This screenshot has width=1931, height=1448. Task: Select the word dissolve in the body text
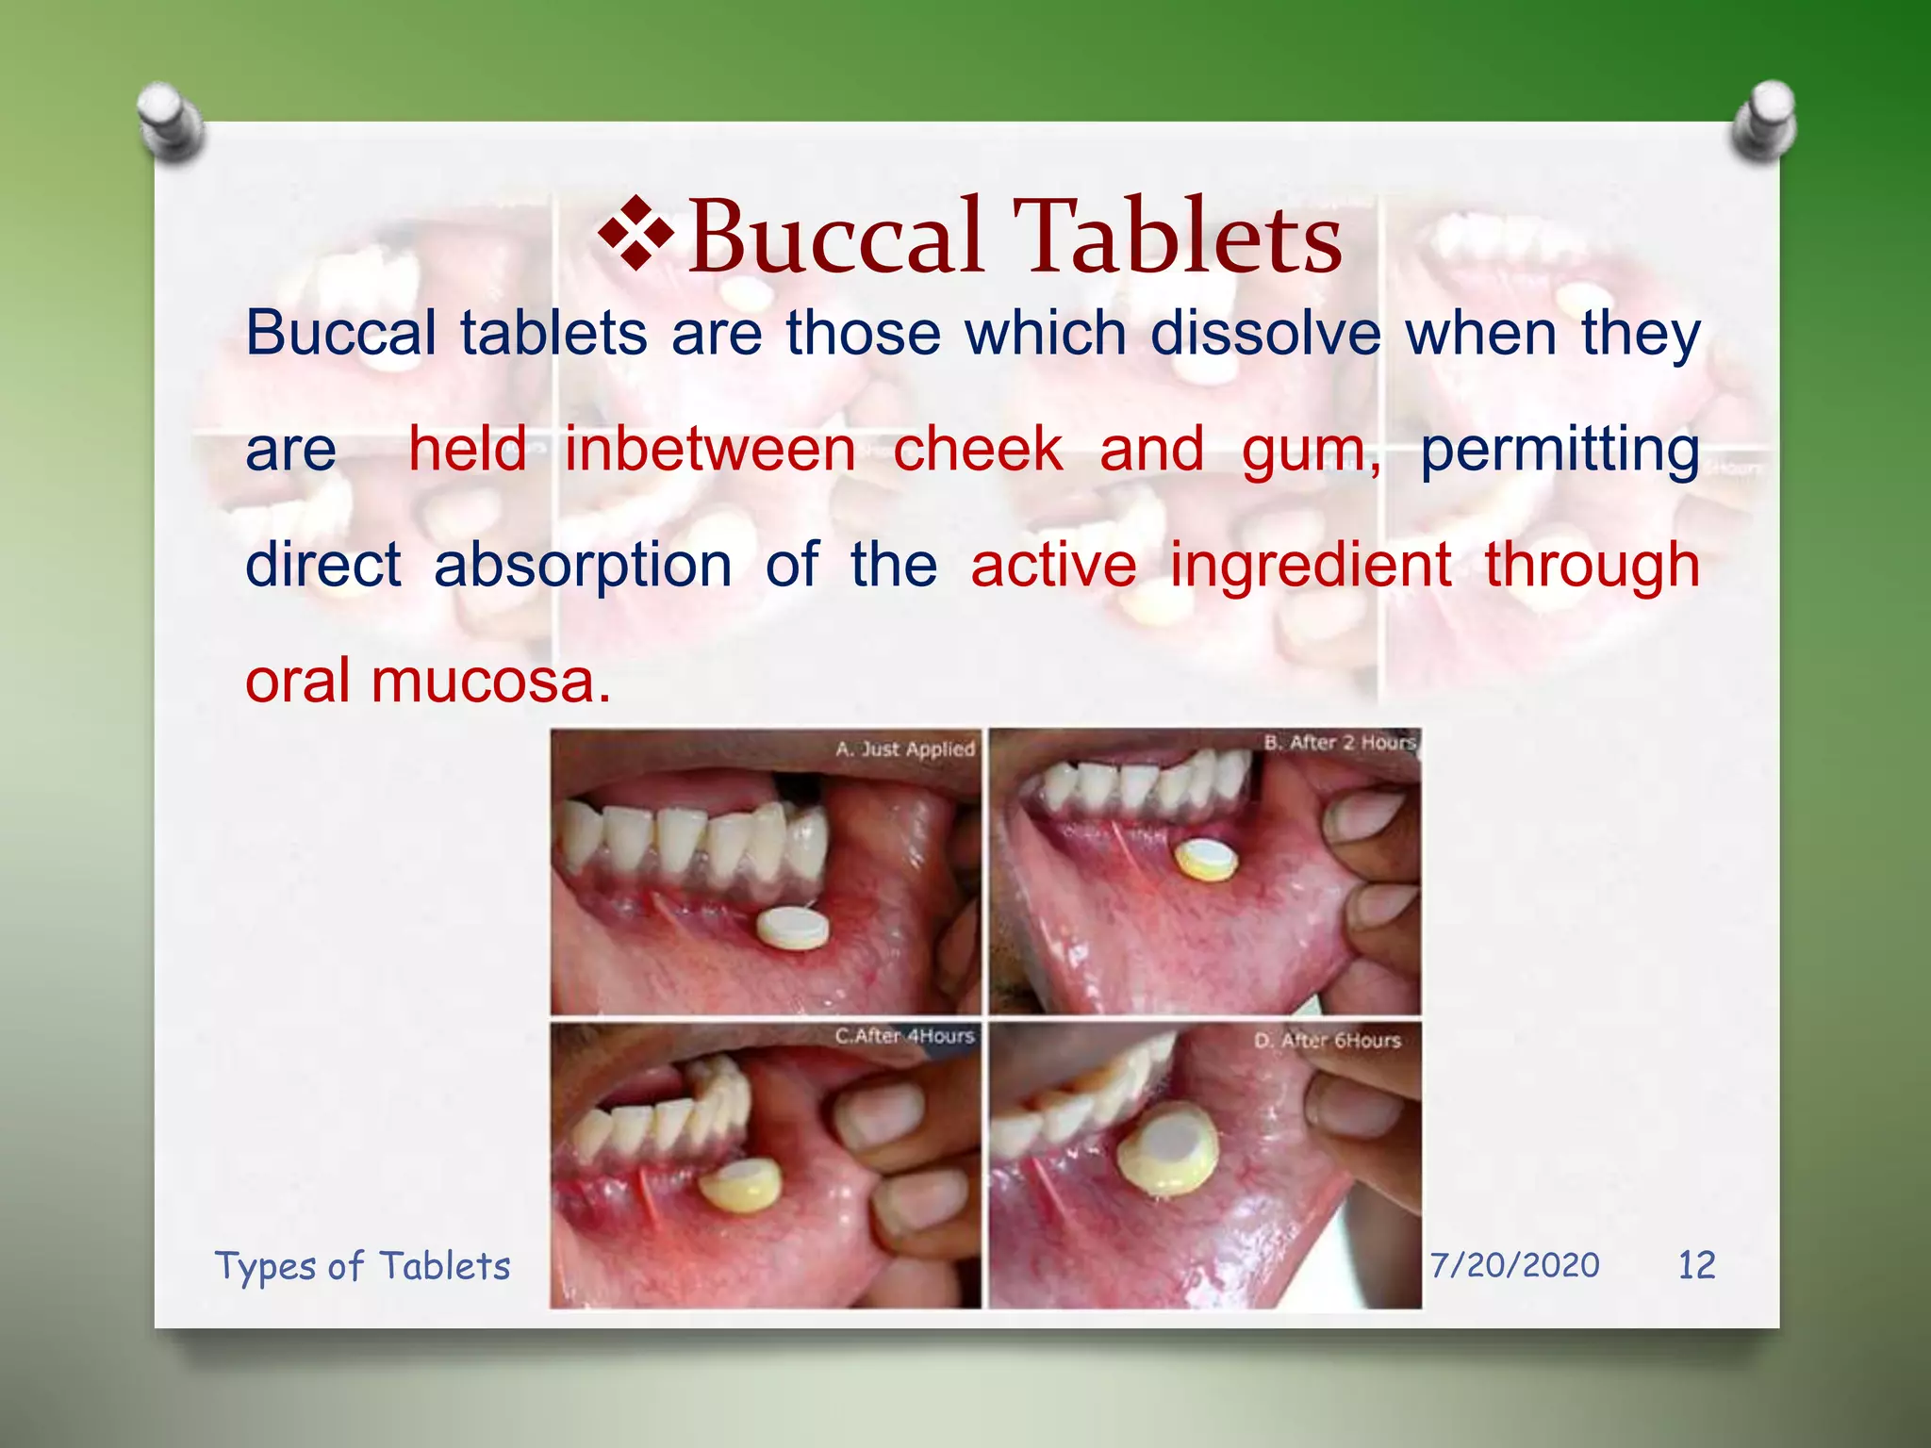pyautogui.click(x=1265, y=334)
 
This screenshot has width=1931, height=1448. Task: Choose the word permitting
pyautogui.click(x=1560, y=451)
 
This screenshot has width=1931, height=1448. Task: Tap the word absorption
pyautogui.click(x=582, y=566)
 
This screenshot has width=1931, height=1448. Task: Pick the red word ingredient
pyautogui.click(x=1310, y=566)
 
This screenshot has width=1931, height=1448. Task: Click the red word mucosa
pyautogui.click(x=490, y=681)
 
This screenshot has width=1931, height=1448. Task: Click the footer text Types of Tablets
pyautogui.click(x=362, y=1266)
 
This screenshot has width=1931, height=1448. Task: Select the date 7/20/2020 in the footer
pyautogui.click(x=1514, y=1265)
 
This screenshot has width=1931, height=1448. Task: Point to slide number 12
pyautogui.click(x=1696, y=1265)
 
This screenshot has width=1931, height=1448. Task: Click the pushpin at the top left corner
pyautogui.click(x=170, y=121)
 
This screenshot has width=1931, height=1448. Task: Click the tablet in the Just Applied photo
pyautogui.click(x=793, y=928)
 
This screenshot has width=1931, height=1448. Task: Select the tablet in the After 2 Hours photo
pyautogui.click(x=1206, y=860)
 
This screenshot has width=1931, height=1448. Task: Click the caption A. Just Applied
pyautogui.click(x=904, y=749)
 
